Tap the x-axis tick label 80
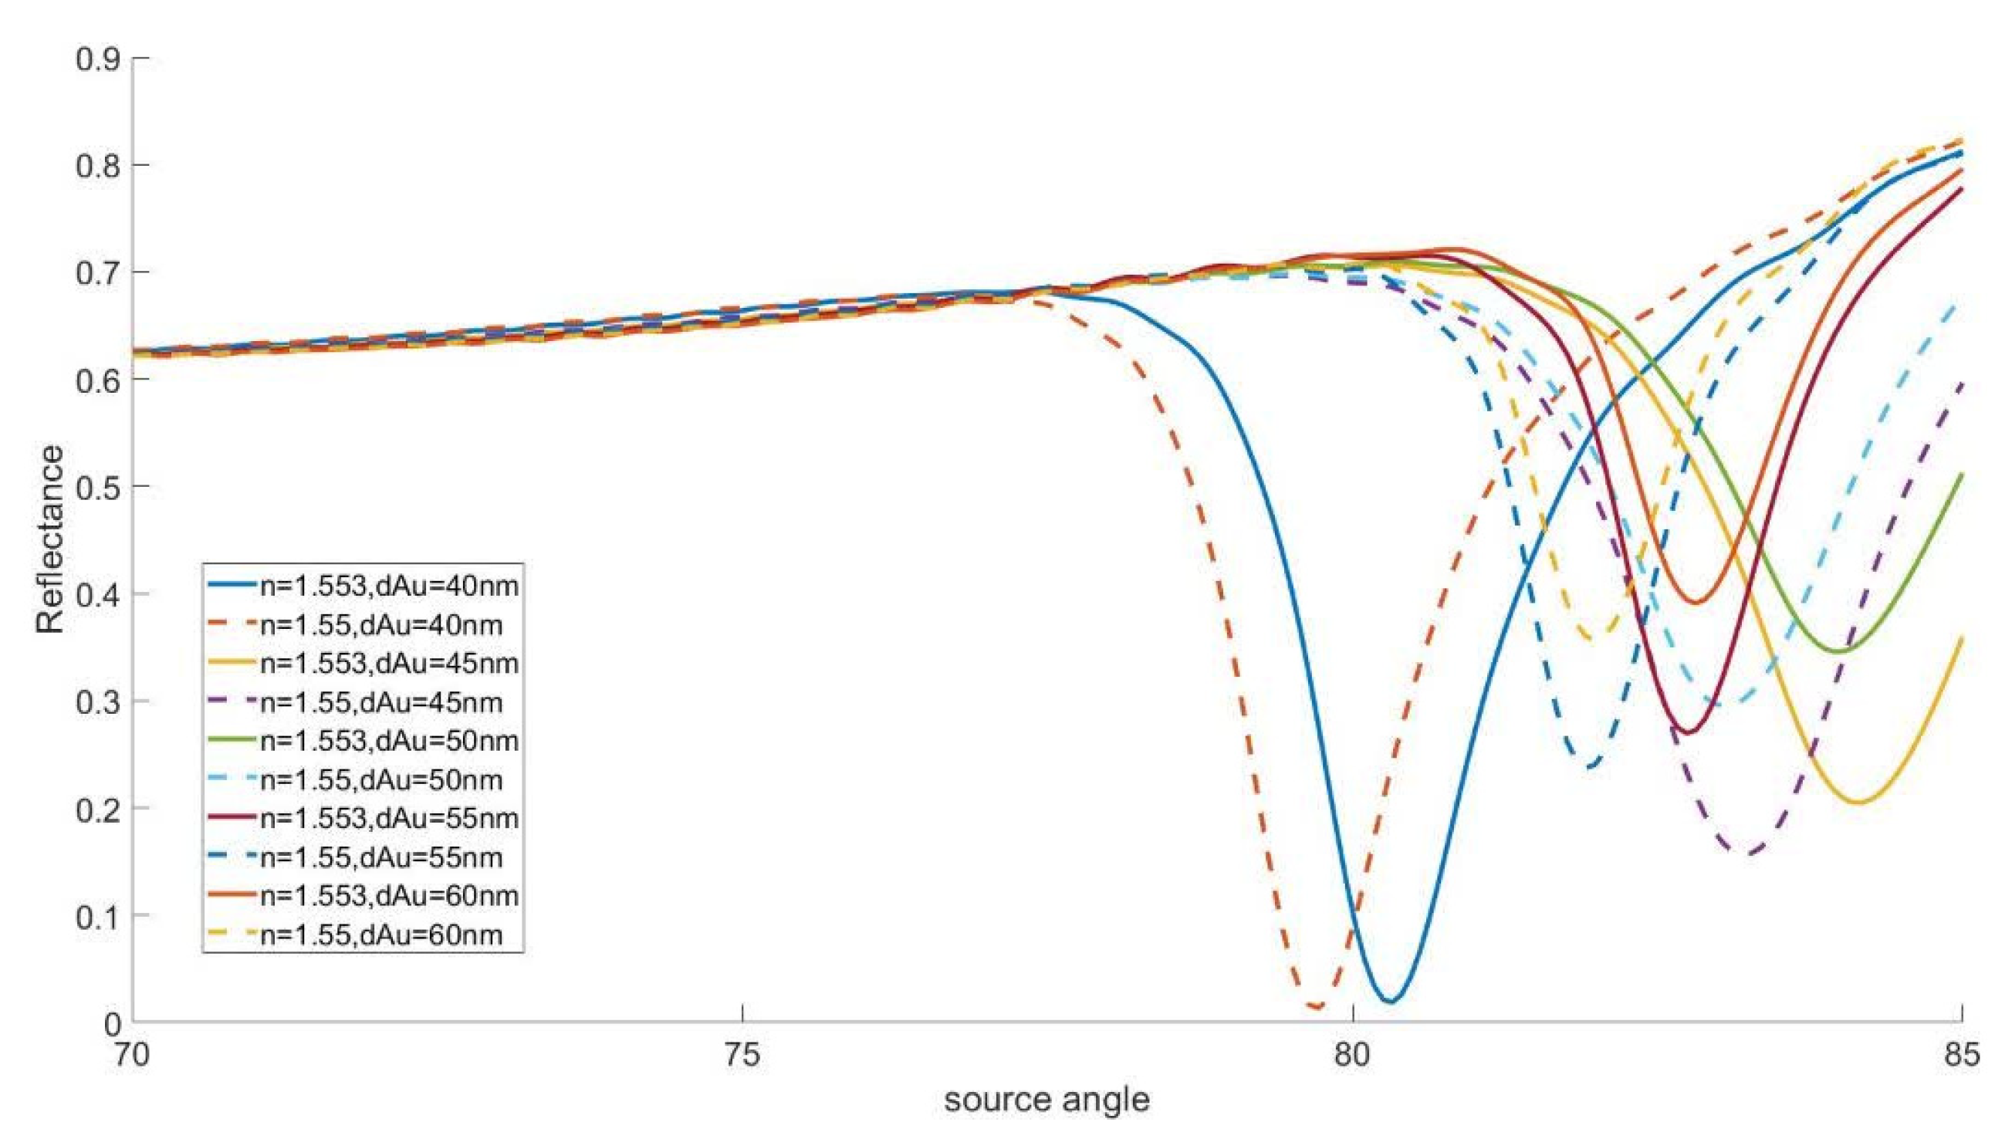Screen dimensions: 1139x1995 tap(1351, 1055)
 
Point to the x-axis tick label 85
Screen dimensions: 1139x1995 tap(1960, 1055)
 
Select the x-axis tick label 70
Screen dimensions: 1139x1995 tap(130, 1055)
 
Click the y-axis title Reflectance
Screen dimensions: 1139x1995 tap(51, 539)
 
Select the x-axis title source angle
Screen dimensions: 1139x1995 tap(1046, 1100)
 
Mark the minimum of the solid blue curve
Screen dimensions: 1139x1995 tap(1389, 1001)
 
